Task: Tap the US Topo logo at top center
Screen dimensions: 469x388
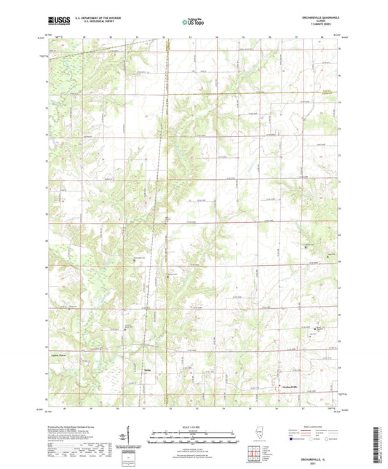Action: (x=193, y=22)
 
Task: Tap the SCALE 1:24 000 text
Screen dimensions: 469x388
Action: (x=194, y=426)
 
